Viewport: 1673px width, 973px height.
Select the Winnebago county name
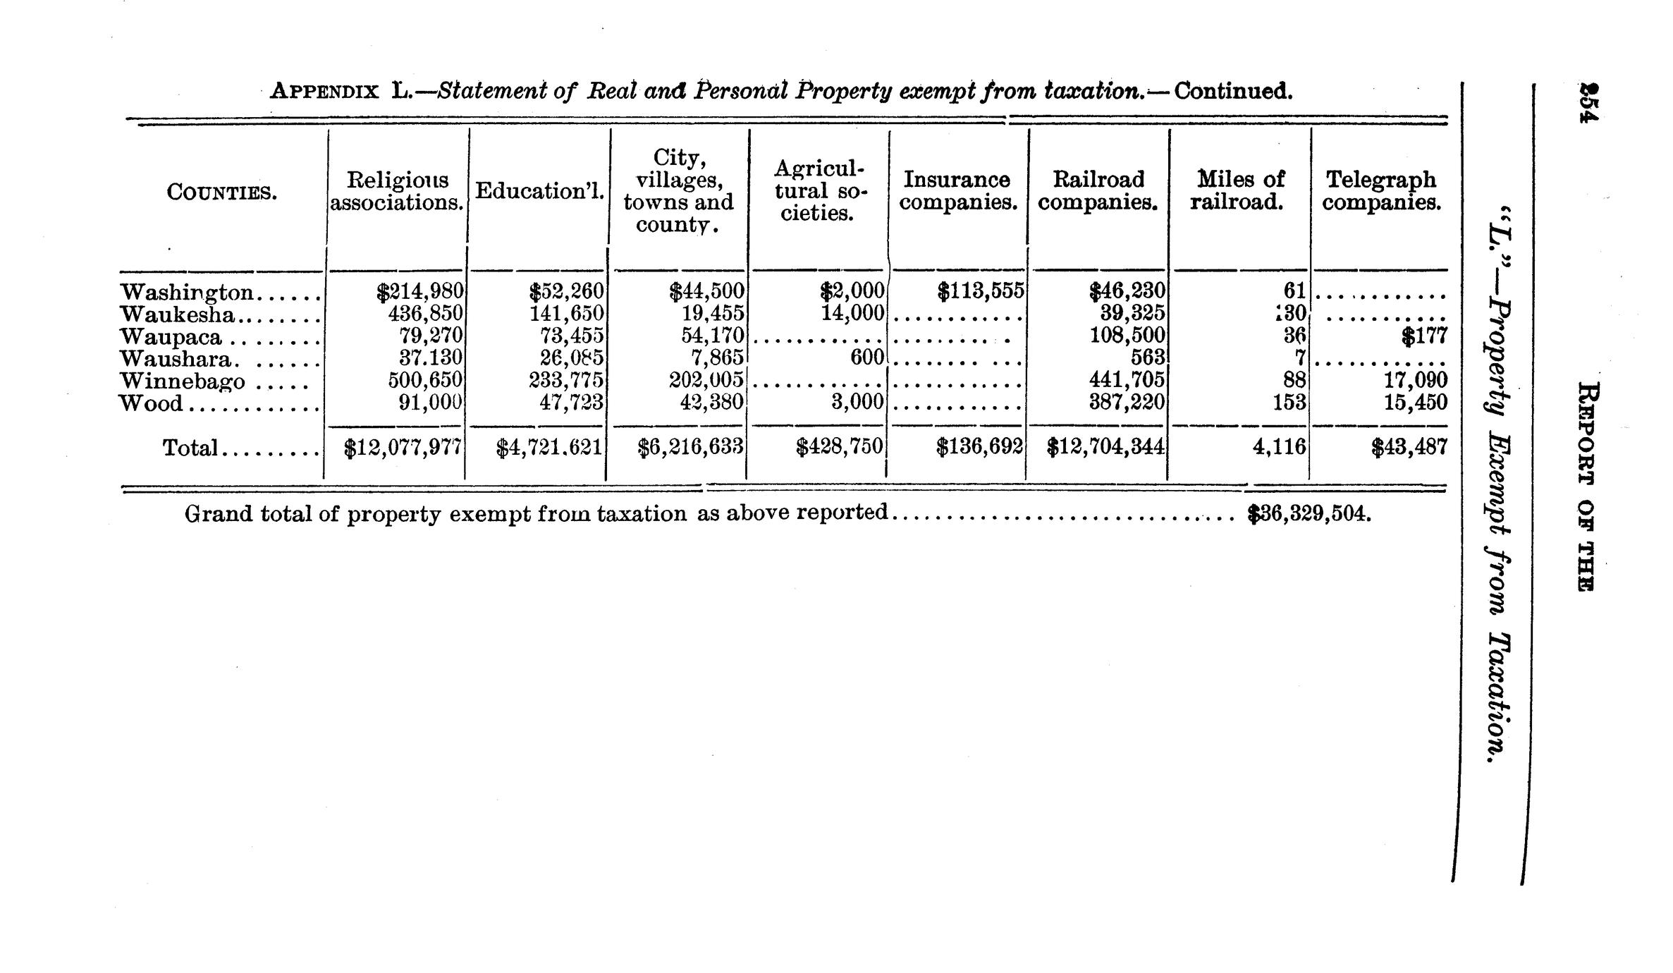[183, 381]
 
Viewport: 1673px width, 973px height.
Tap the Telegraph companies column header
[1380, 191]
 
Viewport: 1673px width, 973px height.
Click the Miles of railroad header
[1237, 191]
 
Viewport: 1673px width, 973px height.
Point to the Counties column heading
[221, 192]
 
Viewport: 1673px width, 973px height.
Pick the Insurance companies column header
[957, 191]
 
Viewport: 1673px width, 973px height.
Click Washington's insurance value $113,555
[981, 291]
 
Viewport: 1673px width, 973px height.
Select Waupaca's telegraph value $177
[1424, 336]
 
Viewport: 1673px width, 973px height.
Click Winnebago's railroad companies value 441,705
[1127, 381]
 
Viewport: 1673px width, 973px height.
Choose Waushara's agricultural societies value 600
[866, 358]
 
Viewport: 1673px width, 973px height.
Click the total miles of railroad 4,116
[1279, 447]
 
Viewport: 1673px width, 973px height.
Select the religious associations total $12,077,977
[403, 448]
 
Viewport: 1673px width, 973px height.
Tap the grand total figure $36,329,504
[1309, 514]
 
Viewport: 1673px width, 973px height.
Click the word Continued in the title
[1233, 92]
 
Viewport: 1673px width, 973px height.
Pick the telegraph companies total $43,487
[1409, 447]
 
